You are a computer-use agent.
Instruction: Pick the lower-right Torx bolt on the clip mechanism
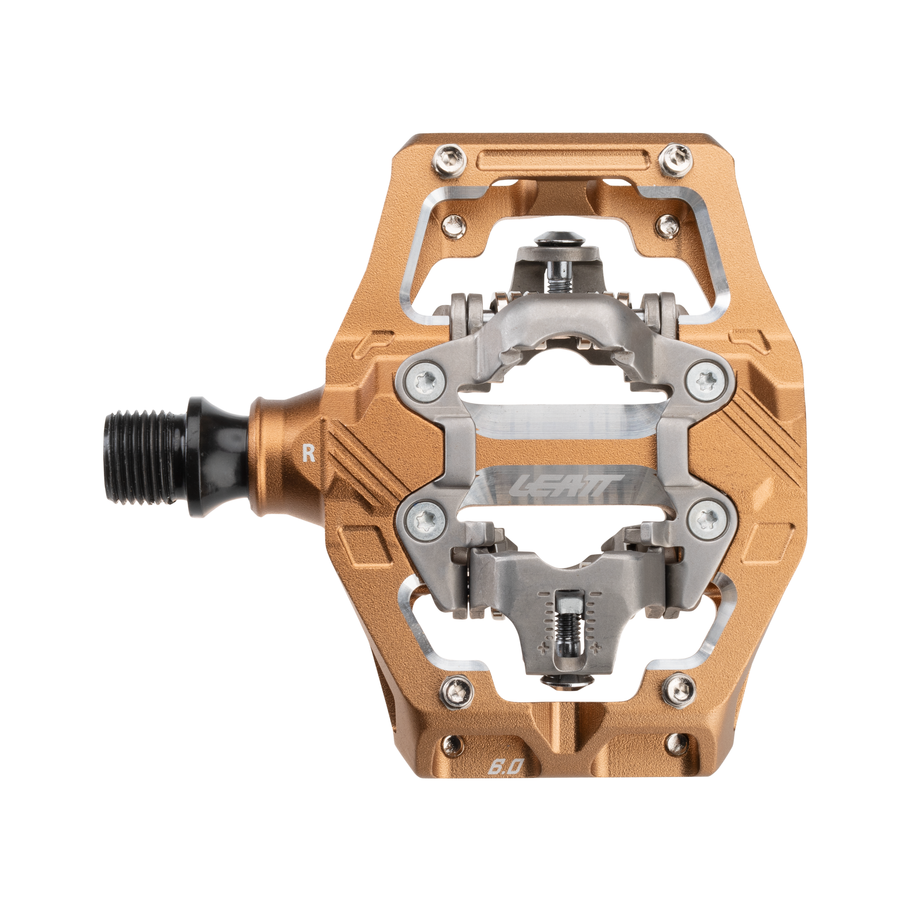706,519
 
